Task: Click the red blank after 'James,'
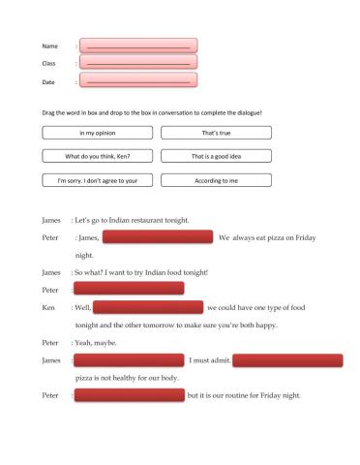(157, 236)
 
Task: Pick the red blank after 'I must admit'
(287, 360)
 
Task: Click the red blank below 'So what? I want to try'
(129, 289)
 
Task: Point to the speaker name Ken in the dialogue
(48, 307)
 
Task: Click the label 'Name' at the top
(49, 46)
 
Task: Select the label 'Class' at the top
(49, 64)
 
